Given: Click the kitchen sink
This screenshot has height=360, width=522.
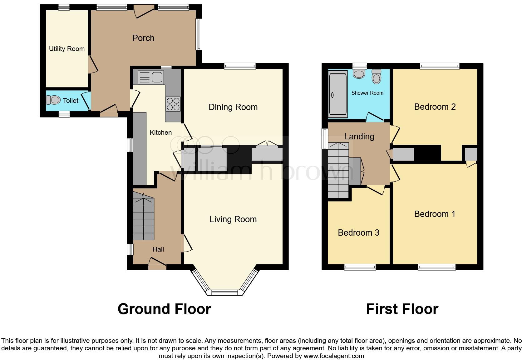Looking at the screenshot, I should coord(151,77).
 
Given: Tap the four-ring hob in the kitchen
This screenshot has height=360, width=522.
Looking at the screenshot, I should coord(173,104).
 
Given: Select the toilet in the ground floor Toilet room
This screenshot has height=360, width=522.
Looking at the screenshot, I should coord(53,100).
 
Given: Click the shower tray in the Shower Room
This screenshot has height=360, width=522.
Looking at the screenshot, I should coord(337,94).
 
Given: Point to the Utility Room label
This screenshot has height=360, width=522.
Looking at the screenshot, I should coord(67,49).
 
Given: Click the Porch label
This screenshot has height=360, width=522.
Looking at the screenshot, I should coord(143,38).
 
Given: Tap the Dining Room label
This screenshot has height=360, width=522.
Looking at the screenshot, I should coord(233,107).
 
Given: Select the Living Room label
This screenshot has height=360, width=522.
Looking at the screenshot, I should coord(233,219).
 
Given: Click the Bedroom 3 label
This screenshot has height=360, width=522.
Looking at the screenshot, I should coord(358,233).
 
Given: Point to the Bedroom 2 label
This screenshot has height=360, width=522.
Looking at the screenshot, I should coord(435,107).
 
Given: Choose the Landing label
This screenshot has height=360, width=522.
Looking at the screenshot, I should coord(359,137).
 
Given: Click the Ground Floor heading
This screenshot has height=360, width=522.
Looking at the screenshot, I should coord(164,309).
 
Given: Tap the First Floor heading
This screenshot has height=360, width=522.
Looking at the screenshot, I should coord(402,309).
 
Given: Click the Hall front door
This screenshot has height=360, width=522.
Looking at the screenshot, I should coord(157,264).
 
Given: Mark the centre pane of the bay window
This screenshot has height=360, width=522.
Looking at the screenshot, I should coord(225,292).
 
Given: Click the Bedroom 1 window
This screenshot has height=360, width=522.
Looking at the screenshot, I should coord(436,267).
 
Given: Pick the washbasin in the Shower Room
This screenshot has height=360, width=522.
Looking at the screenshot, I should coord(359,73).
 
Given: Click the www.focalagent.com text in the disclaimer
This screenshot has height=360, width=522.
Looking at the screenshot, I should coord(334,356).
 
